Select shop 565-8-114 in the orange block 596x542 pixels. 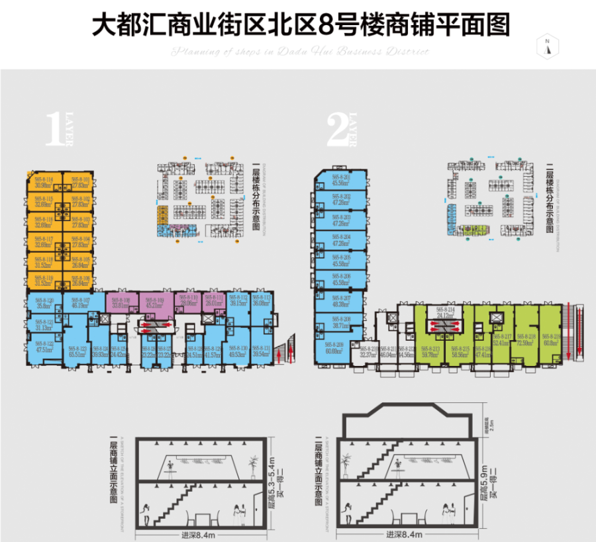click(44, 182)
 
